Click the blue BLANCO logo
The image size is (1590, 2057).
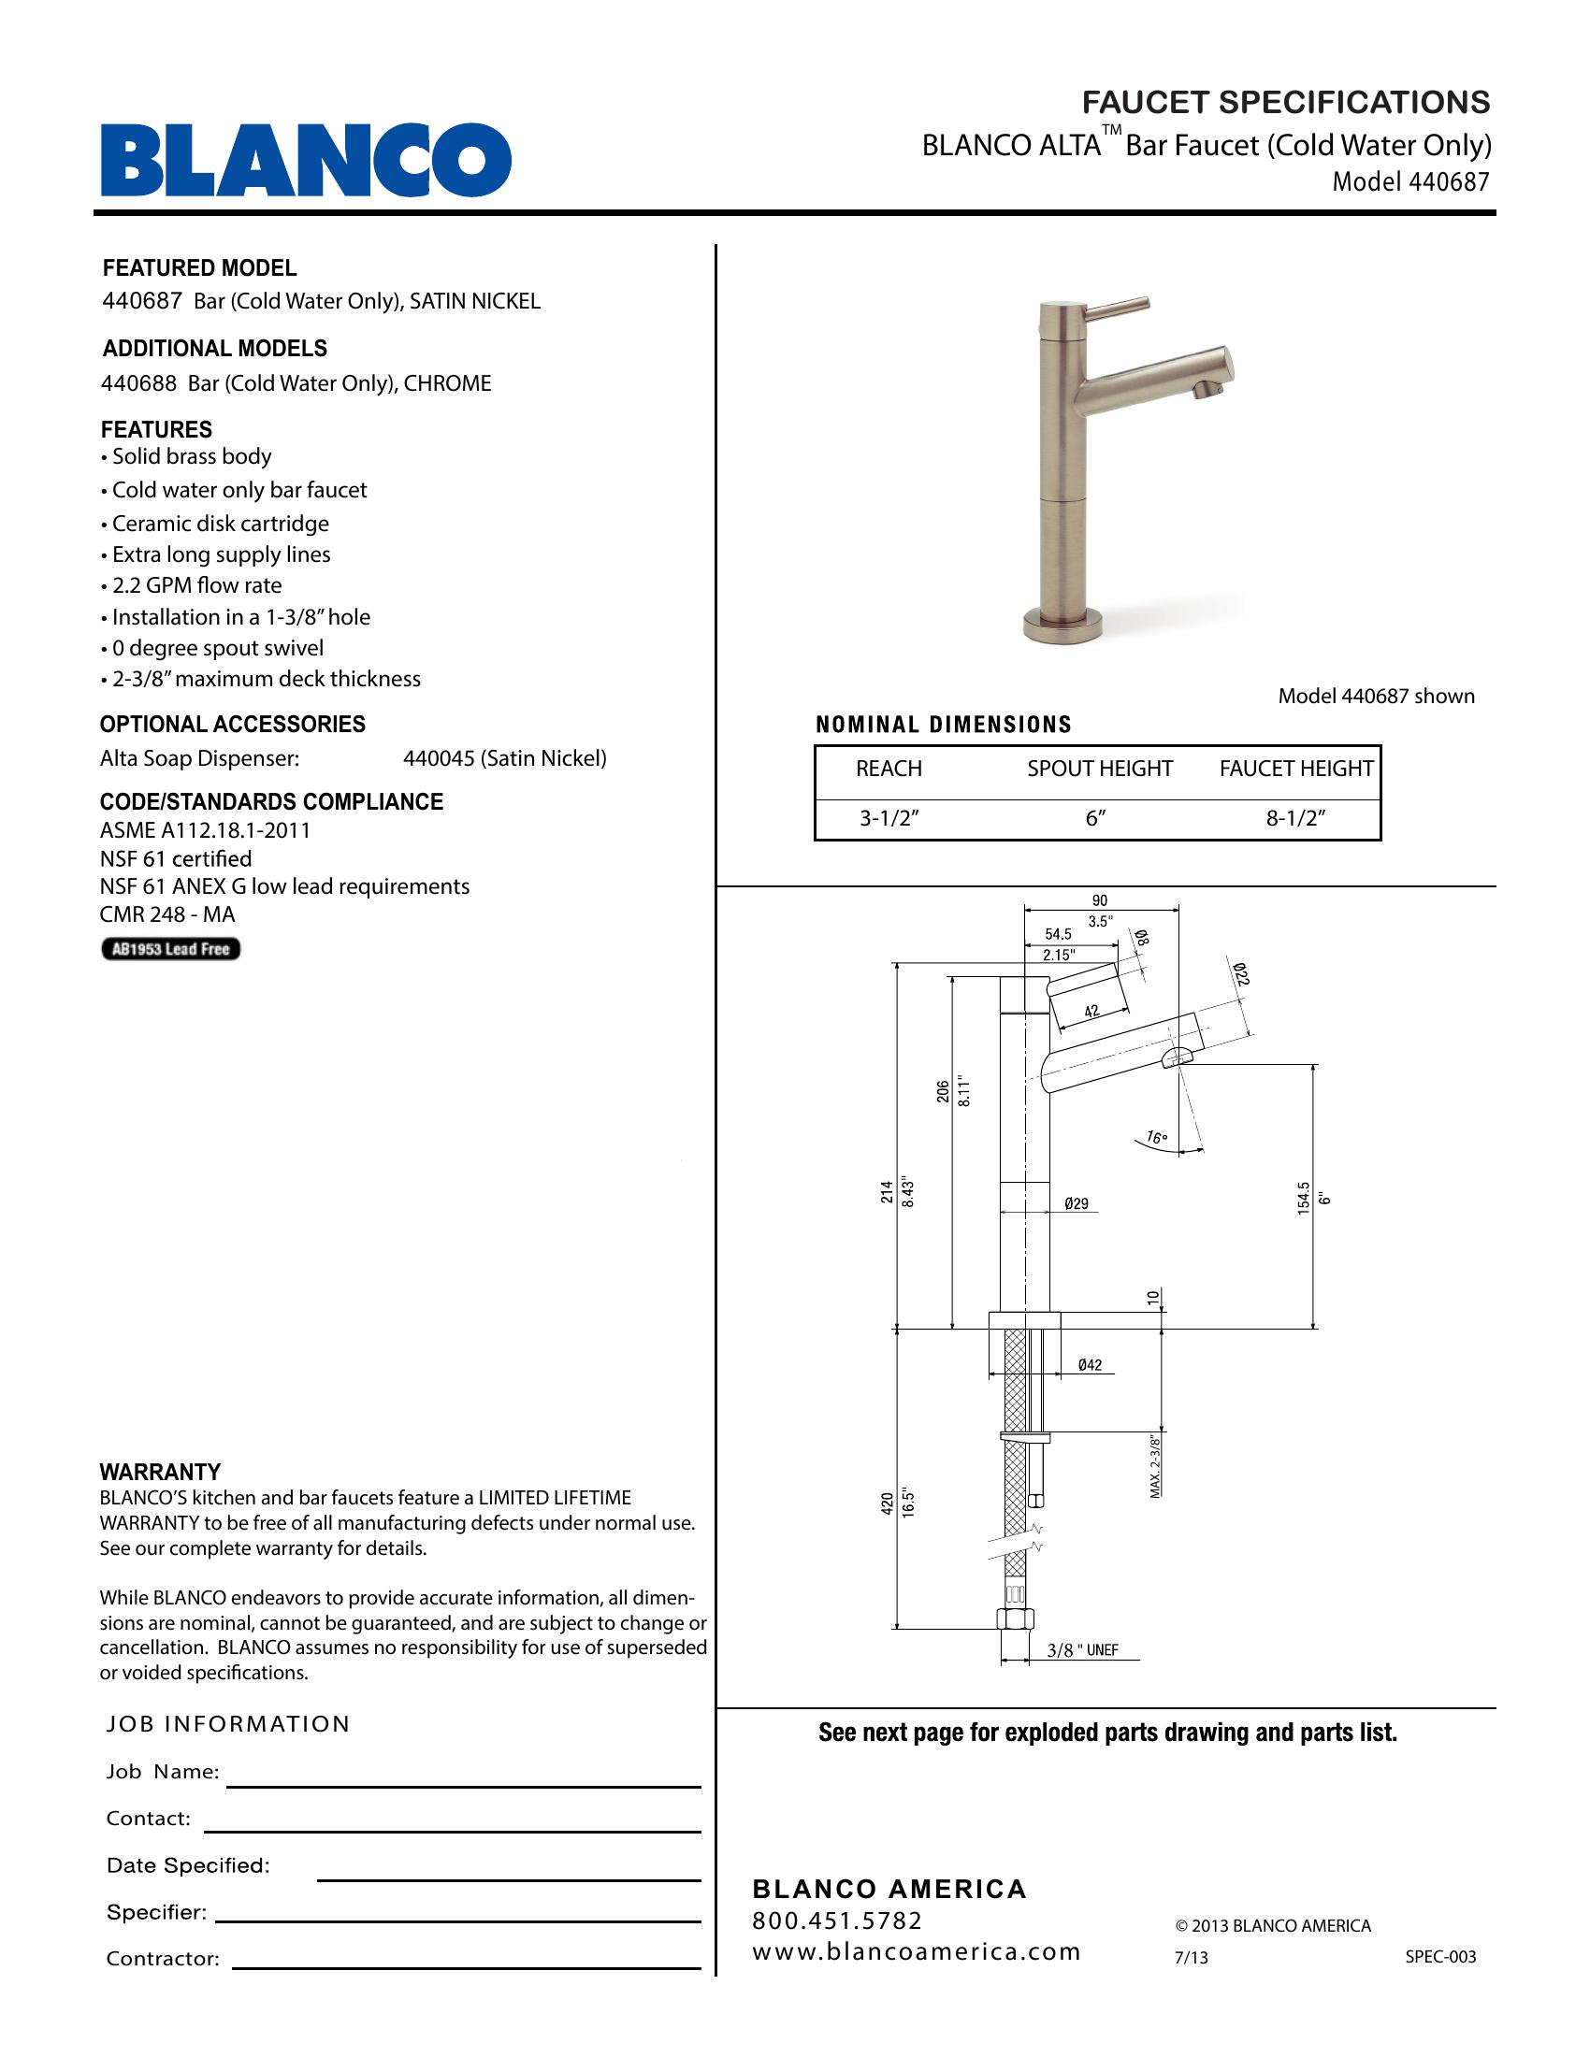[x=305, y=159]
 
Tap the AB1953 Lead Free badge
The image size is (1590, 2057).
[x=170, y=948]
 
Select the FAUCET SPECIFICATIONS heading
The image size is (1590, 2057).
[x=1285, y=102]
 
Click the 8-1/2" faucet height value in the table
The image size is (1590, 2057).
[x=1295, y=818]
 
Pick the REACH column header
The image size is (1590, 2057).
[x=889, y=769]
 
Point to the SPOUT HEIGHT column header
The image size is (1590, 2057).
[x=1099, y=769]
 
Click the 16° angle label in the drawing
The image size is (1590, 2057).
[x=1157, y=1138]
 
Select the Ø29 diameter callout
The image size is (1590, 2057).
[x=1076, y=1203]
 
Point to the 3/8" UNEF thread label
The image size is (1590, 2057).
[x=1082, y=1650]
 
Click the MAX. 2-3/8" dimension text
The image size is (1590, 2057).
[x=1156, y=1465]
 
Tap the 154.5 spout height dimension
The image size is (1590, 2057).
[x=1304, y=1198]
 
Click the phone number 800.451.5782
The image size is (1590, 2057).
[x=836, y=1920]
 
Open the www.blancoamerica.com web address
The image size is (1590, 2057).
[x=916, y=1951]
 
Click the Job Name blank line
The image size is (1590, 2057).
[x=463, y=1785]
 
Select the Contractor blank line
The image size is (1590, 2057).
[x=467, y=1966]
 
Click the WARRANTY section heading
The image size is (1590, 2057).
[x=160, y=1472]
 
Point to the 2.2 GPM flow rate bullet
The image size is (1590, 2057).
[x=195, y=586]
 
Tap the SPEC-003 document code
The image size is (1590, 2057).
[x=1440, y=1957]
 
